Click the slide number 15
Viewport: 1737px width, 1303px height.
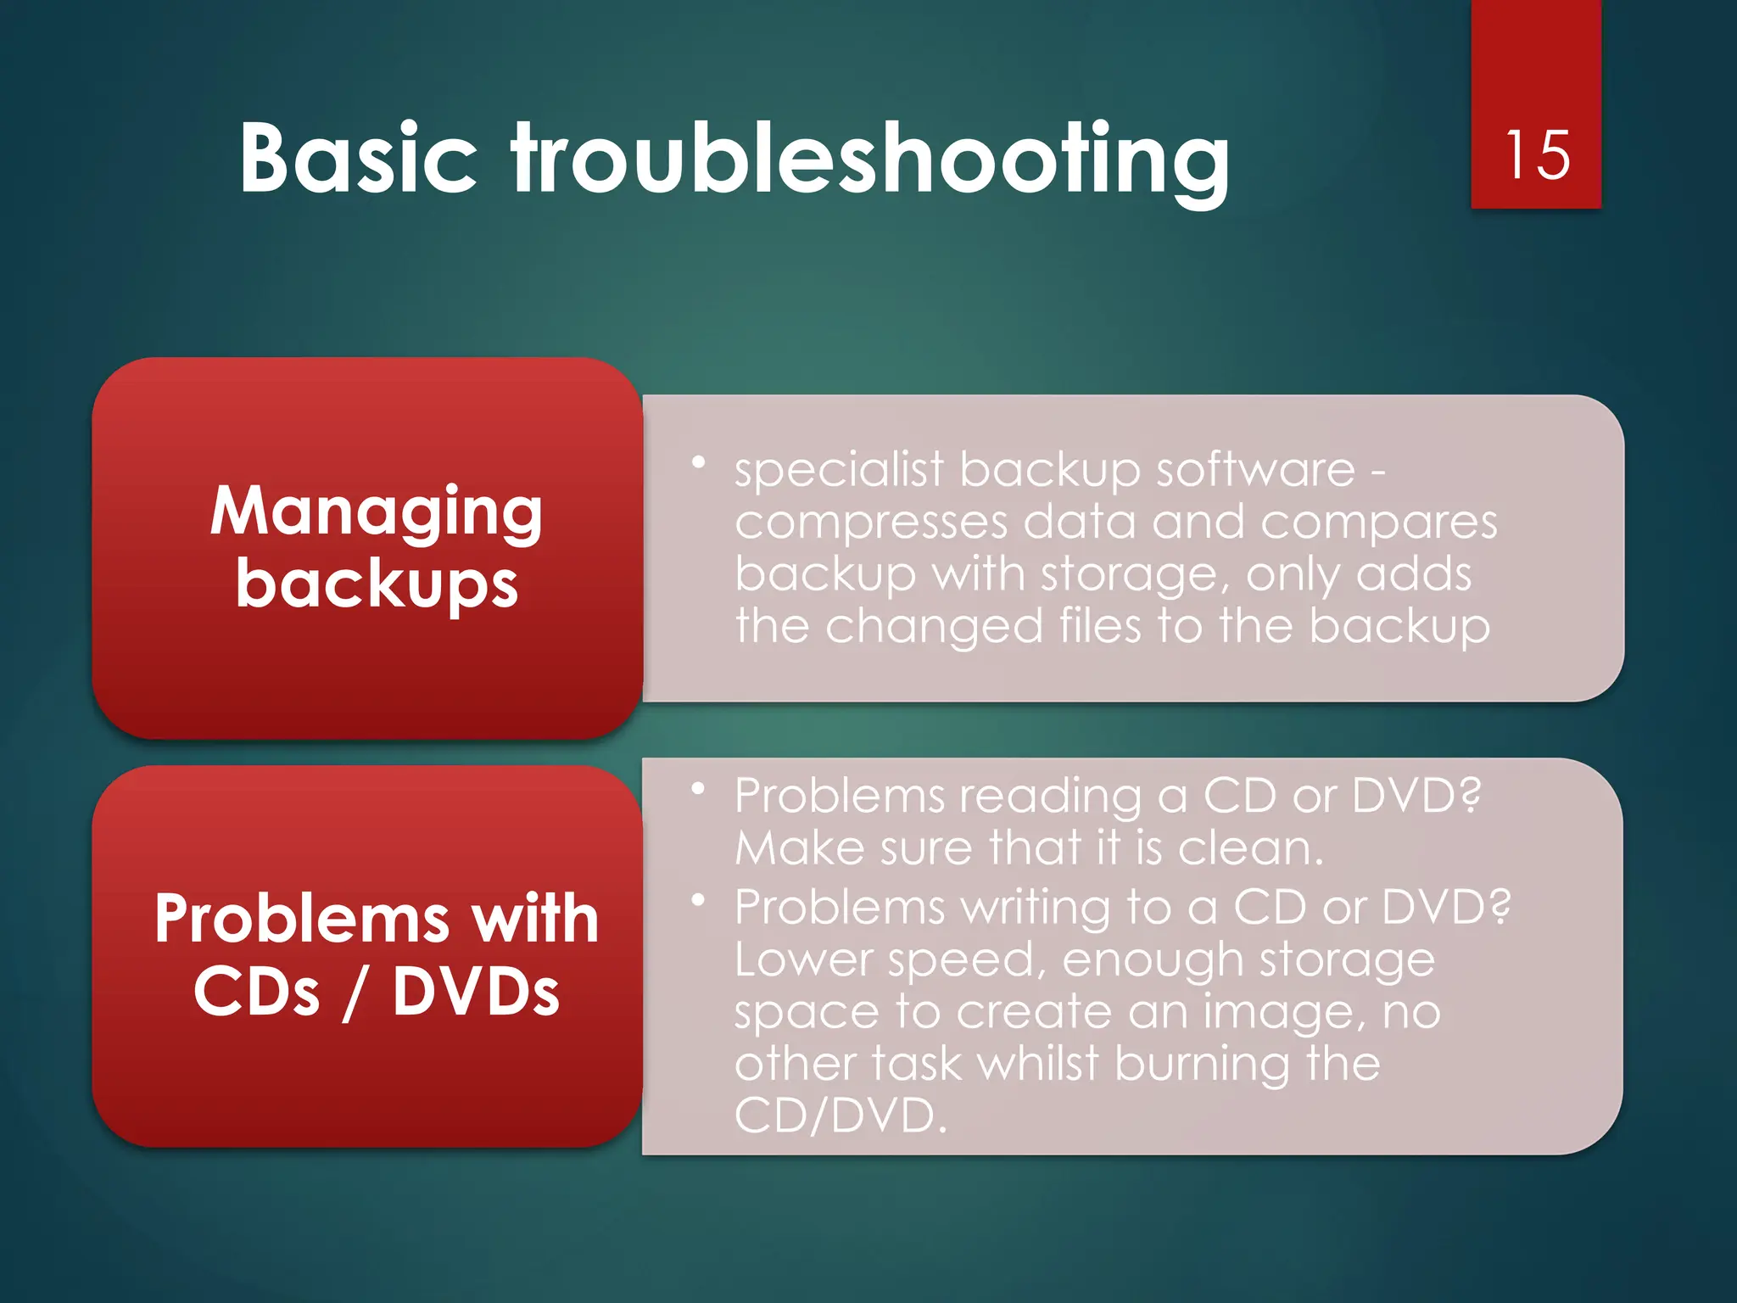pos(1536,155)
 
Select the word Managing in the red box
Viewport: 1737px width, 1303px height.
pos(376,512)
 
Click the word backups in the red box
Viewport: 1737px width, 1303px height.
pos(377,584)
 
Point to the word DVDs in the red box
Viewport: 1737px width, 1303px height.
pos(476,992)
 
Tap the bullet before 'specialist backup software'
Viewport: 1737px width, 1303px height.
pos(698,462)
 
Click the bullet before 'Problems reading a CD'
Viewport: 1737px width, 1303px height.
pos(698,789)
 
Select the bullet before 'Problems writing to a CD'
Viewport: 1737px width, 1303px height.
pos(698,900)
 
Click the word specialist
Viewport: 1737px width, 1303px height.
pos(838,470)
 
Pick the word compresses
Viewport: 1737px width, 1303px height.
pos(871,523)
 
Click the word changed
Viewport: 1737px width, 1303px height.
pos(934,627)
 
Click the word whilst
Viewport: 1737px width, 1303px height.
pos(1038,1064)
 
